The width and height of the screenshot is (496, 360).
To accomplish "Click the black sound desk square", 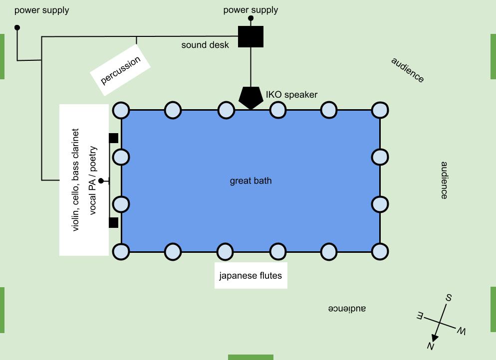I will point(250,36).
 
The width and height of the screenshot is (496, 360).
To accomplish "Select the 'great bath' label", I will point(250,180).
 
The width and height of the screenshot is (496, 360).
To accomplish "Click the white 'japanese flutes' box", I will point(251,275).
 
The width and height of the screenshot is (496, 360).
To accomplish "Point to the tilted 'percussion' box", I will point(120,70).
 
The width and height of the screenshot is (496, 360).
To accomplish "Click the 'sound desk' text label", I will point(205,45).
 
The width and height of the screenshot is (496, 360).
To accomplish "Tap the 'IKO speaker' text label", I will point(291,95).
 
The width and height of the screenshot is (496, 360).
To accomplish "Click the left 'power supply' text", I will point(41,10).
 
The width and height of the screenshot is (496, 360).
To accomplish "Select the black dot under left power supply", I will point(17,27).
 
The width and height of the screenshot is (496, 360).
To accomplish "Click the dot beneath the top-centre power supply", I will point(250,18).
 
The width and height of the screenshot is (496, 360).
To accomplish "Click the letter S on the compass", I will point(449,298).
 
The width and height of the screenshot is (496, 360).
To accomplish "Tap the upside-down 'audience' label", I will point(347,309).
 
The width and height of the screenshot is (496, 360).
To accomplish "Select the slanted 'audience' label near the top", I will point(408,70).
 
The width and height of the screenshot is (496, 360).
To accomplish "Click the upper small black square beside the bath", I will point(113,138).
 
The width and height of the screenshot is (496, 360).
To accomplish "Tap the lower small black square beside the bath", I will point(113,222).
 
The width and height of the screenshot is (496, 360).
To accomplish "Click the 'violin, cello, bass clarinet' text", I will point(76,180).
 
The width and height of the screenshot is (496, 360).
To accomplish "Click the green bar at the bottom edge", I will point(250,357).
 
